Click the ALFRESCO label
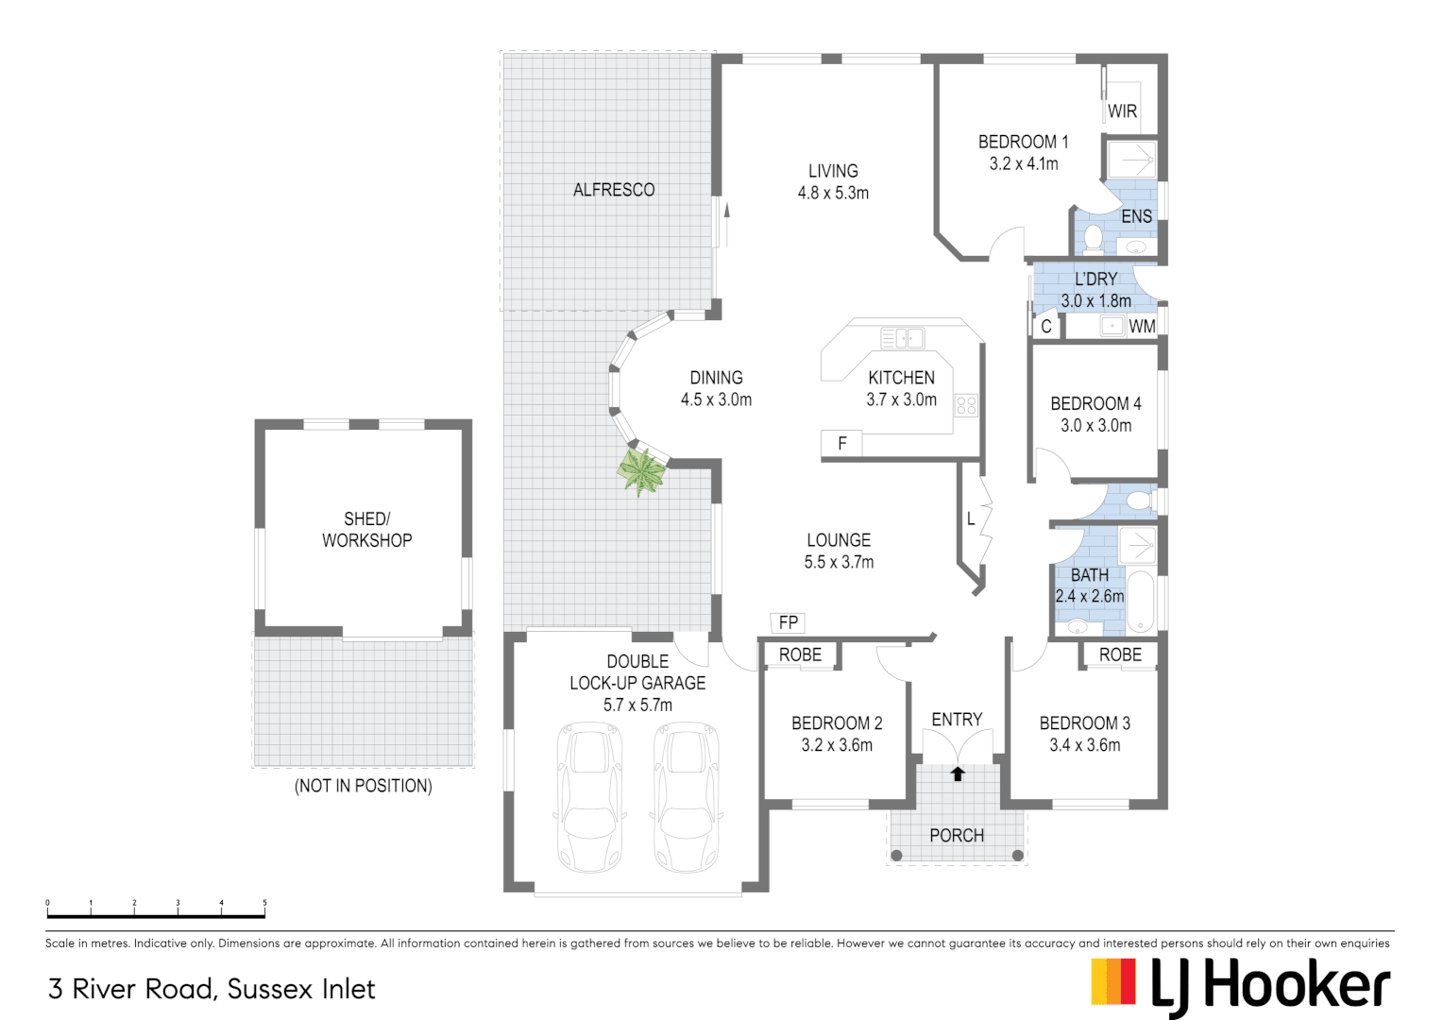(x=614, y=190)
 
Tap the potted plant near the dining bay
(x=642, y=470)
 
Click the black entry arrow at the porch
(x=958, y=773)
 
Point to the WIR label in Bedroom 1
(x=1122, y=111)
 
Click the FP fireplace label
(x=789, y=622)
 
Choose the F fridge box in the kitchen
(x=842, y=443)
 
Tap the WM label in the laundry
(x=1142, y=327)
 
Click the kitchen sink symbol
(x=902, y=337)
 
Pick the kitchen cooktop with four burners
(x=965, y=406)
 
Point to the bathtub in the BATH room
(x=1141, y=601)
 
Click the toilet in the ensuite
(x=1093, y=238)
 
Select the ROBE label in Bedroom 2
(x=800, y=654)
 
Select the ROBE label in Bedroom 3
(x=1120, y=654)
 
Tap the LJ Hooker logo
(x=1240, y=986)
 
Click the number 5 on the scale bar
(x=264, y=903)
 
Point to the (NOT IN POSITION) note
(x=364, y=786)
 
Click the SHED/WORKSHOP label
(x=366, y=530)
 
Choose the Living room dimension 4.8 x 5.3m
(x=833, y=193)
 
